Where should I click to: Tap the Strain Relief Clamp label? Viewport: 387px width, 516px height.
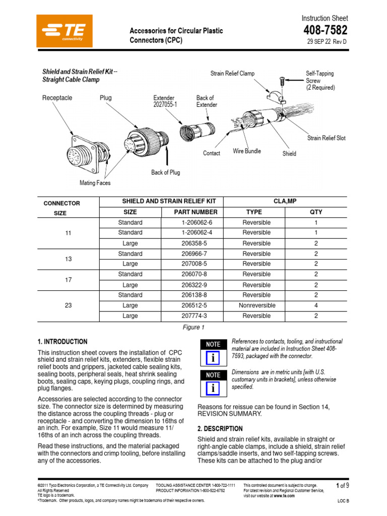pos(232,74)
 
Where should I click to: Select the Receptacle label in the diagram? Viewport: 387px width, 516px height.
pos(57,98)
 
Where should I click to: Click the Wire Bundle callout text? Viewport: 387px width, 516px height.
pos(247,151)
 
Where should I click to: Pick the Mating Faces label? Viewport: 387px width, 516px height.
pos(95,183)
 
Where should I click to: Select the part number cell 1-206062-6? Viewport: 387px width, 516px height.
pos(197,222)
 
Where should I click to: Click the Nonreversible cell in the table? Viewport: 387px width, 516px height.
pos(256,305)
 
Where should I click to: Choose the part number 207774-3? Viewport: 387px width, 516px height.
pos(197,316)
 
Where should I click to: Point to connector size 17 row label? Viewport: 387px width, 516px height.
pos(69,280)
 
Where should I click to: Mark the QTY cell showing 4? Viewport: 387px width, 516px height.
pos(316,305)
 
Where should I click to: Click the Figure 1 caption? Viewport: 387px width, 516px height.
pos(193,327)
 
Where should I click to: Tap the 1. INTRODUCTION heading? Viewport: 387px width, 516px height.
pos(62,342)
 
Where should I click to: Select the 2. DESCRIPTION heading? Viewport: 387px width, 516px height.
pos(220,429)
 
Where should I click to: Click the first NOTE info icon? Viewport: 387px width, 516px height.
pos(213,358)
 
